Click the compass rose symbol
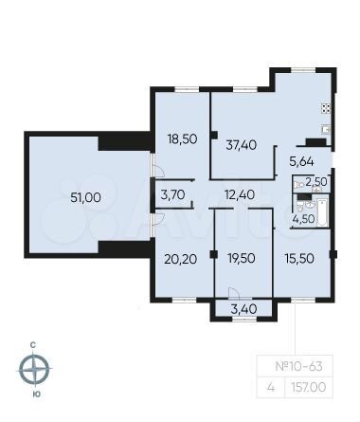[35, 368]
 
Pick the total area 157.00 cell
[326, 387]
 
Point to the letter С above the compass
[35, 342]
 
